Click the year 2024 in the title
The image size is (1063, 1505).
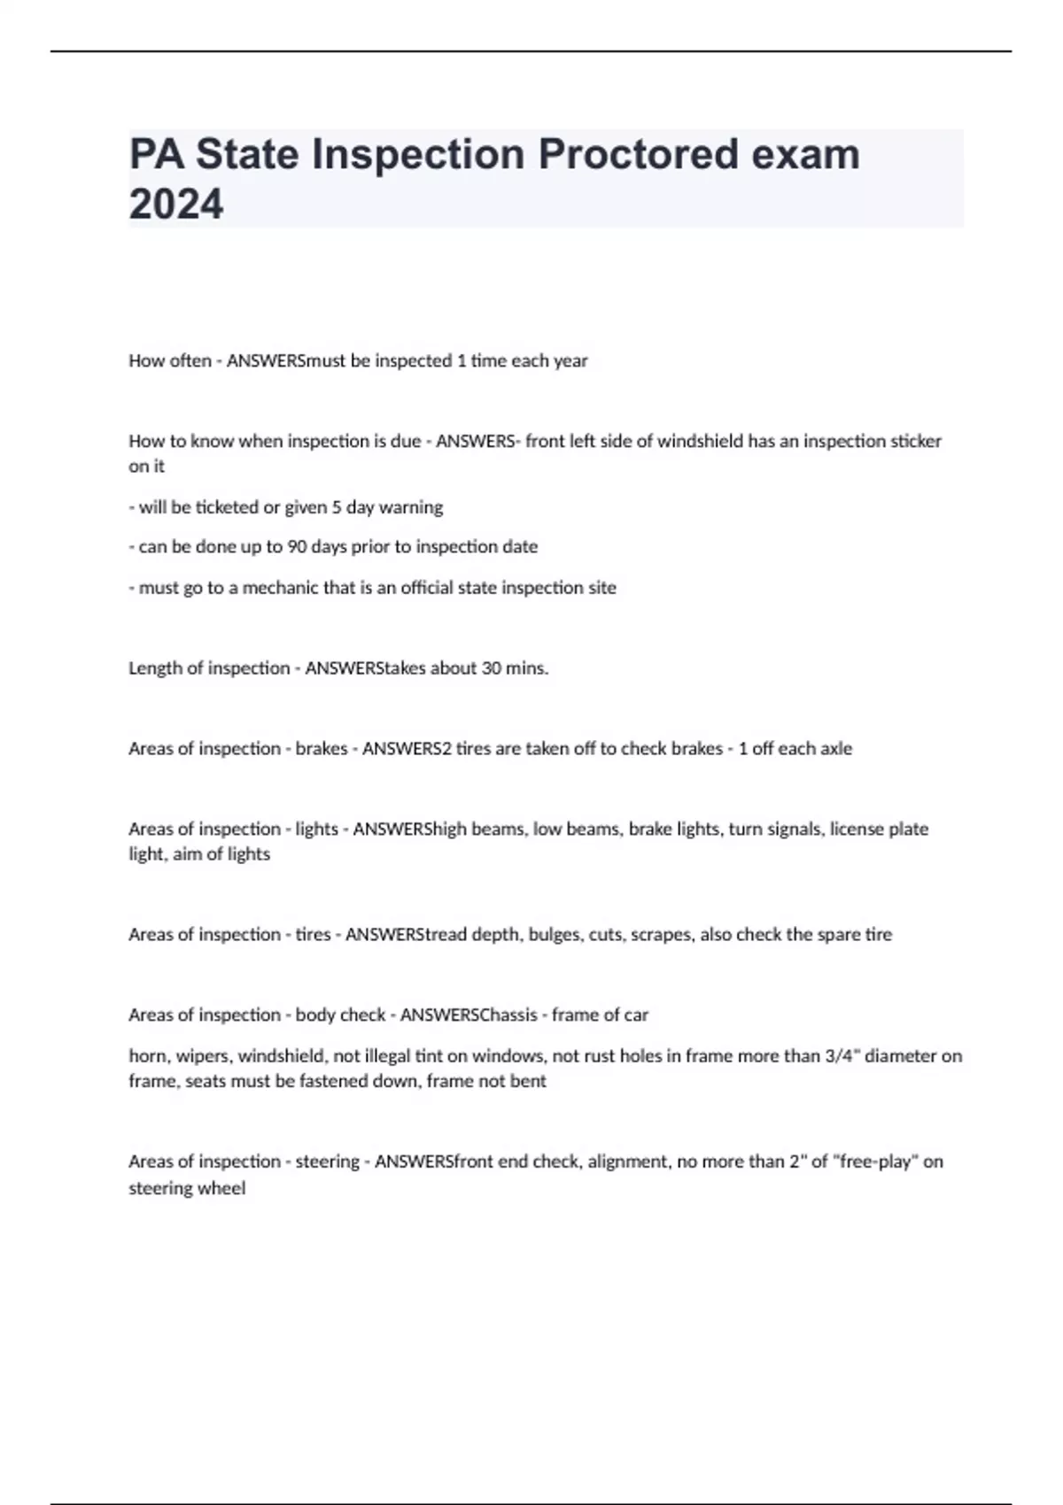pos(176,204)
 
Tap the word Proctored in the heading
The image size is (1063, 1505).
pos(638,154)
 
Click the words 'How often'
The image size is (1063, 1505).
pos(170,360)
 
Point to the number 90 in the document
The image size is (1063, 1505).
pos(298,546)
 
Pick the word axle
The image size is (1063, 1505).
pos(836,748)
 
